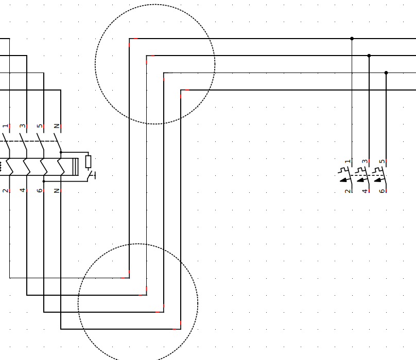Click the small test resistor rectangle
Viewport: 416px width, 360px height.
coord(89,161)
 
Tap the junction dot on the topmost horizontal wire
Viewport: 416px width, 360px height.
coord(352,39)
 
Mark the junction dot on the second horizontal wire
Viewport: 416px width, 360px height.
coord(369,56)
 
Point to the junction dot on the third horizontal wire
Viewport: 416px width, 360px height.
coord(386,73)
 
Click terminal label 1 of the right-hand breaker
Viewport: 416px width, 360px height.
coord(348,161)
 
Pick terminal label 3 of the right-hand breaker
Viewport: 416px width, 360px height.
coord(365,161)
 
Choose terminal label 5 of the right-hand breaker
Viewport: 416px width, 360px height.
coord(382,161)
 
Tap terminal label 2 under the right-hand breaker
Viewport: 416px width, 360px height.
coord(348,191)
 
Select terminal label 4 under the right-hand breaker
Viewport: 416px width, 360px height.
coord(365,191)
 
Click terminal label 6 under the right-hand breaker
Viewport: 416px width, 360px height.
coord(382,191)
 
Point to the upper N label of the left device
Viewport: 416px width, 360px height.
coord(57,126)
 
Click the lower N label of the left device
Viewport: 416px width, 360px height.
coord(57,191)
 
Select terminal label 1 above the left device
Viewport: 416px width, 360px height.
coord(5,126)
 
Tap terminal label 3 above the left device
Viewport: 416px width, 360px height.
coord(23,126)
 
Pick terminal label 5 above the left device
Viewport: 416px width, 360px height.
coord(40,126)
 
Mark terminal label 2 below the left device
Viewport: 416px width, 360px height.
coord(5,191)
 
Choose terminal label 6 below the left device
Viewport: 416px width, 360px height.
coord(40,191)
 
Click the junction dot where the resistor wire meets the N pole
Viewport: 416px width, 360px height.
coord(61,152)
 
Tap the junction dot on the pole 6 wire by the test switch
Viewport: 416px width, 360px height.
coord(44,182)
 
